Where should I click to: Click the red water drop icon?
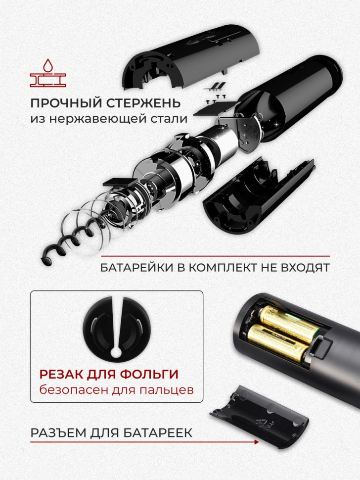(47, 66)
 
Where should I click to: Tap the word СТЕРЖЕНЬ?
(143, 103)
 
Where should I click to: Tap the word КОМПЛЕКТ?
(223, 268)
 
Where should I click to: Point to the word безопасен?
(74, 390)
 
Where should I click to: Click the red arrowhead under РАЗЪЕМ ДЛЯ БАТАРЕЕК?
(256, 442)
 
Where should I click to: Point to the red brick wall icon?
(48, 80)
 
